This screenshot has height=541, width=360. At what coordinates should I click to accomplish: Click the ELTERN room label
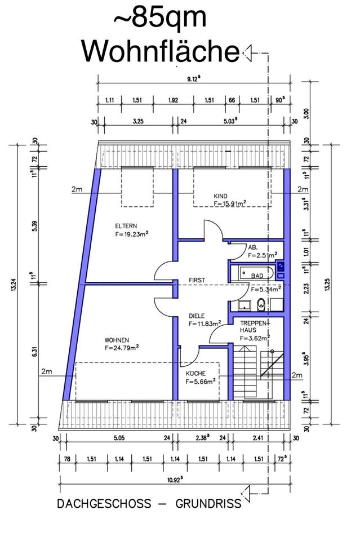[x=126, y=226]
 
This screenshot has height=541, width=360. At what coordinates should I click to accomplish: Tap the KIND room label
[x=220, y=196]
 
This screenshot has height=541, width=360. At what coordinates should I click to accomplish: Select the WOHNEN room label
[x=117, y=340]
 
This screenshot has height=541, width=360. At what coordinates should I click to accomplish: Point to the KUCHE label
[x=195, y=373]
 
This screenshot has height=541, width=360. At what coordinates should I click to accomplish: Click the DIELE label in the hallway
[x=197, y=316]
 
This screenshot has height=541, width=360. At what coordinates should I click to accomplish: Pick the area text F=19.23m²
[x=132, y=234]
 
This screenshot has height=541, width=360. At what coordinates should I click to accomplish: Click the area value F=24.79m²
[x=122, y=348]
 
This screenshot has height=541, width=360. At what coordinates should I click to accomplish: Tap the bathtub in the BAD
[x=257, y=274]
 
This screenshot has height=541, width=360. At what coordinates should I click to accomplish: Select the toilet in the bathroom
[x=261, y=305]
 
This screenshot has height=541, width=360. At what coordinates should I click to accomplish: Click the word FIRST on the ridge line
[x=197, y=280]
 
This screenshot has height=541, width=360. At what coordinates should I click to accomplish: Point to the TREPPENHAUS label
[x=254, y=326]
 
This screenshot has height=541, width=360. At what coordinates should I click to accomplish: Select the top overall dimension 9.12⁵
[x=194, y=79]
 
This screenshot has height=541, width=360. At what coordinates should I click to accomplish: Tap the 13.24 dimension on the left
[x=14, y=285]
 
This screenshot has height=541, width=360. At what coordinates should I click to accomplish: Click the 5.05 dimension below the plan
[x=119, y=438]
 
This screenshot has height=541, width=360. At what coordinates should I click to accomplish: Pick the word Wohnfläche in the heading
[x=161, y=52]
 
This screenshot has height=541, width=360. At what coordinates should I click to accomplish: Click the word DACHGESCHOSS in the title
[x=104, y=503]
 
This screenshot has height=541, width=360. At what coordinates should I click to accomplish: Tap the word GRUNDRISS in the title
[x=208, y=503]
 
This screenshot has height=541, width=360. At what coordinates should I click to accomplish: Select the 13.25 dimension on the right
[x=327, y=284]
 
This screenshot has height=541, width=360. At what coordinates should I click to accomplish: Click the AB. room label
[x=253, y=247]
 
